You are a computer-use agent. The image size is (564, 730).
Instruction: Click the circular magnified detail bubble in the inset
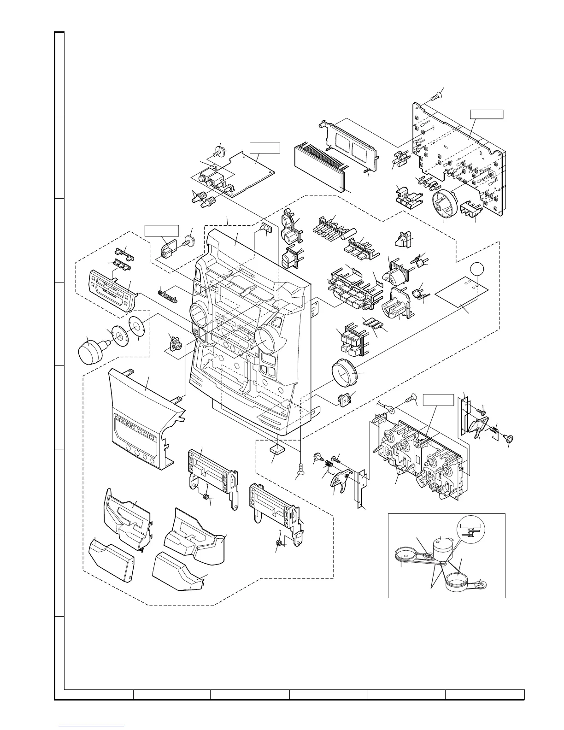click(470, 528)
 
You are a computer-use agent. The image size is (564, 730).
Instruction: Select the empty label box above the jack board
click(264, 147)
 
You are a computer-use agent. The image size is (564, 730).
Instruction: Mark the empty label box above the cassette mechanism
click(438, 400)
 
